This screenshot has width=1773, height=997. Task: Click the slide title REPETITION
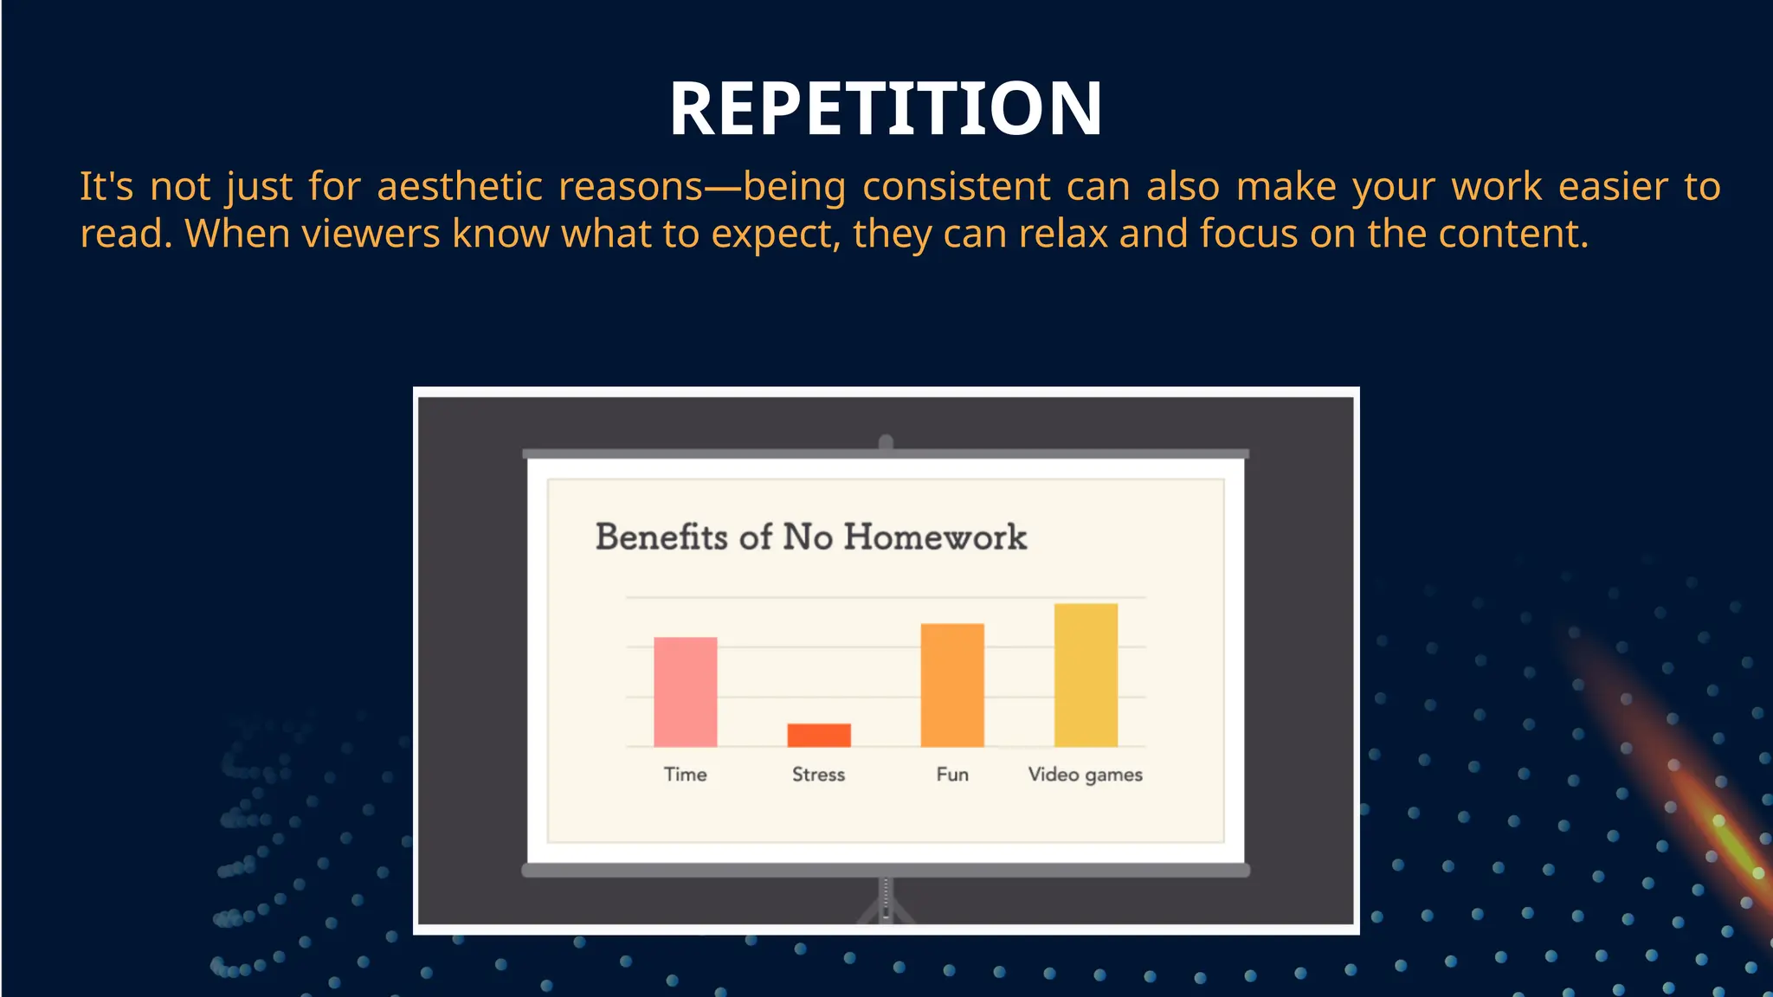886,109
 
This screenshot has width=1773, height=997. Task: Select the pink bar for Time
685,691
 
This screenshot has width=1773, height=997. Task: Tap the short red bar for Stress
818,735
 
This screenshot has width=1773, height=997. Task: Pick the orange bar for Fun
951,685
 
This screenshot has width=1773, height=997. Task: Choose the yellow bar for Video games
1086,675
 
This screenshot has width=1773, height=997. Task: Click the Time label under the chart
685,775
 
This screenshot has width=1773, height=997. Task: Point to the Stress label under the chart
818,775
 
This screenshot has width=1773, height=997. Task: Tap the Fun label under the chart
951,775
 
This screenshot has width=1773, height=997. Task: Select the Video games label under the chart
1085,775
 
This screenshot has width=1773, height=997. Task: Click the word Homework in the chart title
935,537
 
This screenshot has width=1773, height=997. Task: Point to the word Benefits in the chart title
661,537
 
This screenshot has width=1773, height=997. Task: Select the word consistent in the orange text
956,187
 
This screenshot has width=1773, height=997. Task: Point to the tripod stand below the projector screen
886,904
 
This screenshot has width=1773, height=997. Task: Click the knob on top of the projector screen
886,442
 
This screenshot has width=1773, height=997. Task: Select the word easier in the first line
1612,187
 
